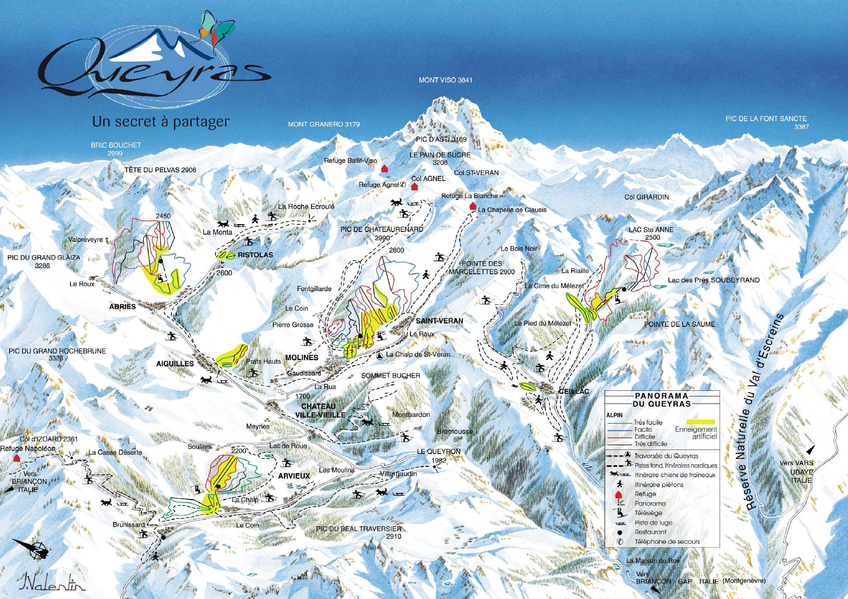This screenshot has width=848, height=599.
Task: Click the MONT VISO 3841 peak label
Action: coord(445,80)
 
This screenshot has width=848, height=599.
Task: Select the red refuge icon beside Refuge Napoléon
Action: coord(16,458)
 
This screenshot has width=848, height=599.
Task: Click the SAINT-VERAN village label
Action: coord(439,321)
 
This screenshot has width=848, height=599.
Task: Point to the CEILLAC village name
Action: coord(574,391)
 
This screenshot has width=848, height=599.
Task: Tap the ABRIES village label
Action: coord(122,307)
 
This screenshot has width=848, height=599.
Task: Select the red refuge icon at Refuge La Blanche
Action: coord(472,206)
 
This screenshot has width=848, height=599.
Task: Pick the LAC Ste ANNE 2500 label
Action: coord(651,233)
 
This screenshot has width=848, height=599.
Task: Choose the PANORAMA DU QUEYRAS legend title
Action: coord(661,399)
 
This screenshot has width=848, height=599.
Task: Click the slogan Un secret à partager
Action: coord(161,122)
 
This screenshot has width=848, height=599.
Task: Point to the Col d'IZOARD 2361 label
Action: coord(49,439)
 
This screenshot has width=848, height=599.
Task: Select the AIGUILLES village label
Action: coord(175,363)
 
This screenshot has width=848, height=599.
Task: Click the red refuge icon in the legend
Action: coord(619,494)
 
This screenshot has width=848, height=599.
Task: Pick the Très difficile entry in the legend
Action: coord(651,444)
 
